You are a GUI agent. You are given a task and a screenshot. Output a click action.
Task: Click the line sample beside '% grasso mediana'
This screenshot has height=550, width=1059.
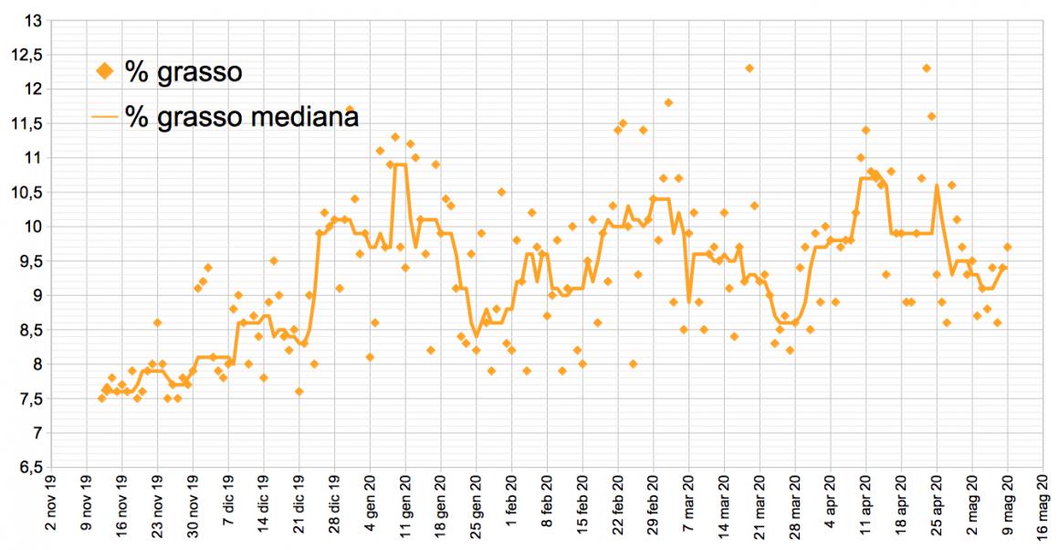tap(106, 117)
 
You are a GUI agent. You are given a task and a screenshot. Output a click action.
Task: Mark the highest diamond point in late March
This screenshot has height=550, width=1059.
tap(749, 69)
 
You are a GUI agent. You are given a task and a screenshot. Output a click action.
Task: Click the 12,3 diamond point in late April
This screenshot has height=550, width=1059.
tap(926, 69)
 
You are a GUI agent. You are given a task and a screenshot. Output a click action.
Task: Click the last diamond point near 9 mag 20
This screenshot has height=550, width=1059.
tap(1007, 247)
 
